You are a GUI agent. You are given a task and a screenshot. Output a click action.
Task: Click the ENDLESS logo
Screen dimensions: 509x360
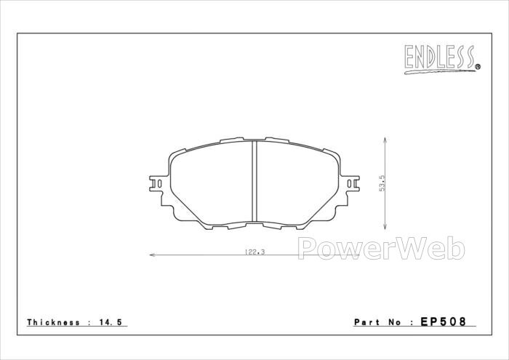[x=442, y=59]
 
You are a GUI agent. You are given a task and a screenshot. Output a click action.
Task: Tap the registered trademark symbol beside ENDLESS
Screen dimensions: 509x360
[x=478, y=67]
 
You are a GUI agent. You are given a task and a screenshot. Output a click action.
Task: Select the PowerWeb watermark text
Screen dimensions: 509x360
[x=382, y=248]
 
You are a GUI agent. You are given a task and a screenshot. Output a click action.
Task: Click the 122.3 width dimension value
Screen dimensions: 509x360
[x=254, y=252]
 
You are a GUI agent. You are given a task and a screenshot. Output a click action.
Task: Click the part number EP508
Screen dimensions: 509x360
[x=443, y=321]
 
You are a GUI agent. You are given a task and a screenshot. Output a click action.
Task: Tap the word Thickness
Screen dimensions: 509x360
[x=53, y=322]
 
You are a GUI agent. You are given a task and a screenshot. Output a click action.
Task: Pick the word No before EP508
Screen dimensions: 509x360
[x=395, y=322]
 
